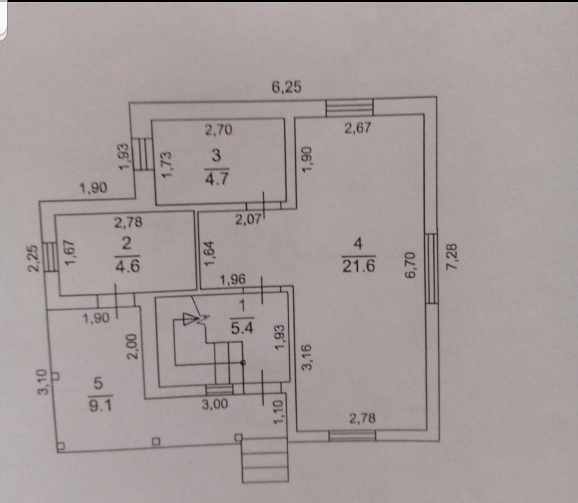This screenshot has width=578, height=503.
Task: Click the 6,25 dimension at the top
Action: click(286, 87)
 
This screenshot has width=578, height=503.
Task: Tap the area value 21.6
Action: click(358, 265)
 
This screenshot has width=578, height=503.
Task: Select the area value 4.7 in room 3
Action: click(217, 178)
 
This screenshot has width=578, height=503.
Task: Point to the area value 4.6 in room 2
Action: click(127, 265)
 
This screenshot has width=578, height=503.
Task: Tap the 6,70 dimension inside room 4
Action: click(411, 266)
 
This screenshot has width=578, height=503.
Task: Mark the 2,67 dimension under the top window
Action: click(358, 128)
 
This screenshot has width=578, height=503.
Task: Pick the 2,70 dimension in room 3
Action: click(218, 129)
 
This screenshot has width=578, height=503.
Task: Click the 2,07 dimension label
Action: click(247, 219)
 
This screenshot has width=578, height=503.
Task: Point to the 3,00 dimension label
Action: click(215, 405)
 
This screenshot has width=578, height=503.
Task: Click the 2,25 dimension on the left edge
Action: click(33, 258)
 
